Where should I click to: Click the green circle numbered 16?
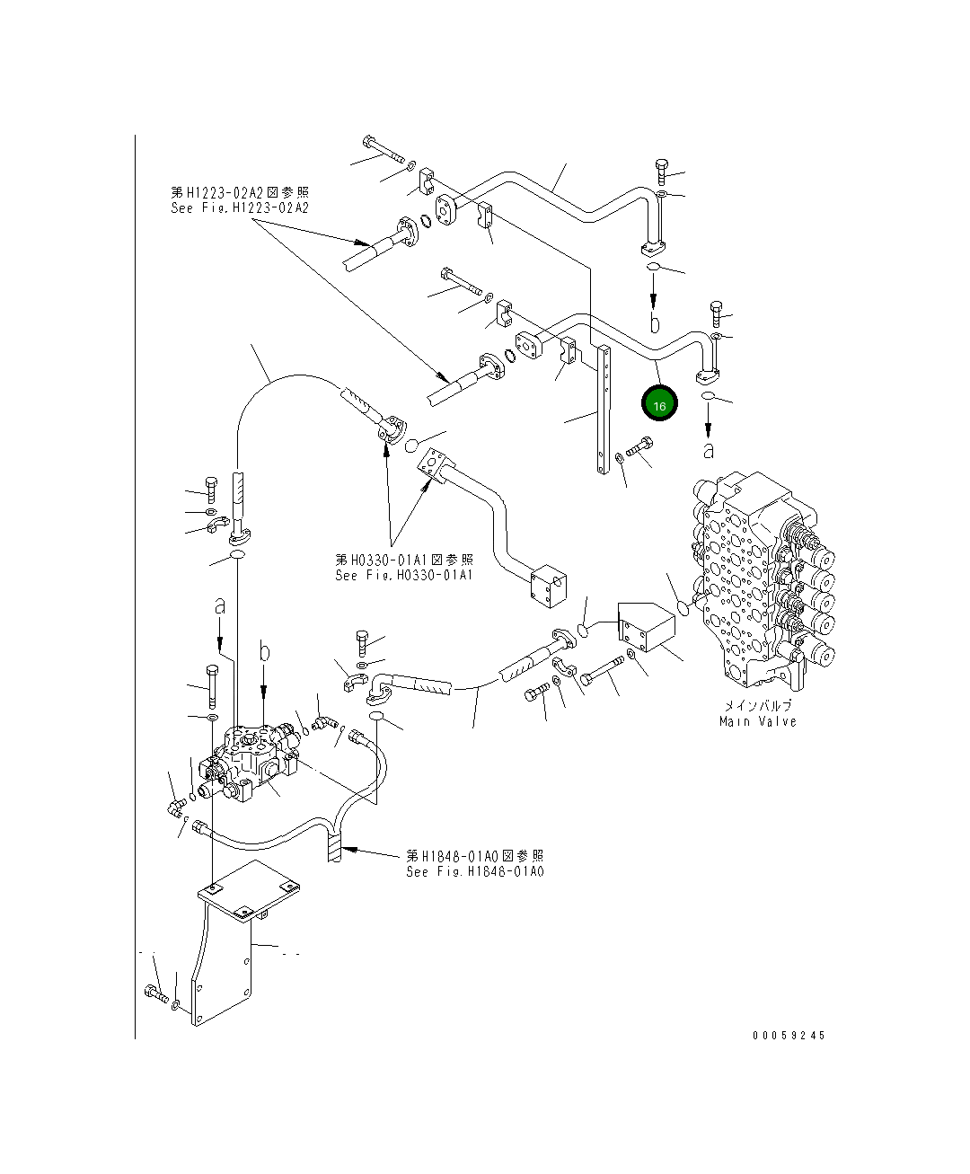coord(659,405)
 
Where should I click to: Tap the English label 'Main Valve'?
coord(757,721)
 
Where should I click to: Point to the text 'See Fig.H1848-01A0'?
coord(474,871)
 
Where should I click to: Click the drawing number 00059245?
coord(789,1035)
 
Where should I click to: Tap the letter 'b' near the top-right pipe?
coord(655,321)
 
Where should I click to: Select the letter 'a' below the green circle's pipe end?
coord(709,446)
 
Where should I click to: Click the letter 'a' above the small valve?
coord(220,608)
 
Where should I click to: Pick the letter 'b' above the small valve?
coord(264,652)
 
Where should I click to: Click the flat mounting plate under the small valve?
coord(249,889)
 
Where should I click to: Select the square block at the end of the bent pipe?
coord(547,588)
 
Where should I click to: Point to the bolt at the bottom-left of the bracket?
coord(154,993)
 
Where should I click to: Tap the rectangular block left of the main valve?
coord(648,628)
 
